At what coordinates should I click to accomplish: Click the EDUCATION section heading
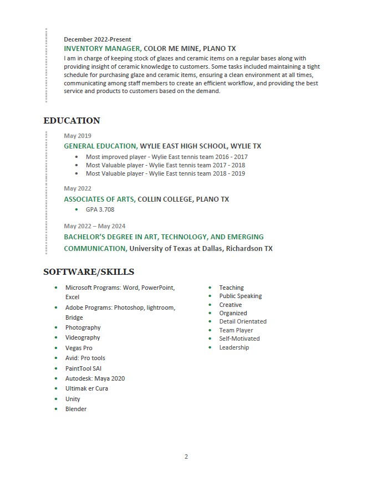coord(72,121)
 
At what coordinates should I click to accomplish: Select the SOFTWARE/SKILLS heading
coord(89,272)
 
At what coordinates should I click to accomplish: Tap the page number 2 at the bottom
coord(186,457)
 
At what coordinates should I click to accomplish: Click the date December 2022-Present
coord(98,39)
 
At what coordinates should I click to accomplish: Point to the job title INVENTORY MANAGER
coord(102,49)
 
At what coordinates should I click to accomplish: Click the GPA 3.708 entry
coord(100,209)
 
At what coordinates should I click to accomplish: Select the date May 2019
coord(78,136)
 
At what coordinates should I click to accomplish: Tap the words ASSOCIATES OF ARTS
coord(99,199)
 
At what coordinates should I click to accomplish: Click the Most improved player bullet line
coord(166,157)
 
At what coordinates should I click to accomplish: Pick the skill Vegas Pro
coord(79,348)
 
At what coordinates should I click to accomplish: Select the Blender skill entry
coord(76,409)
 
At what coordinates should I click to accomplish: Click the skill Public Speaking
coord(240,296)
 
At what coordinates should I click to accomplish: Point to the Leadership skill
coord(234,347)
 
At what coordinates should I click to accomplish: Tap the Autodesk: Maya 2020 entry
coord(95,378)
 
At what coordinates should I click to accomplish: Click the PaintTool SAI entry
coord(83,368)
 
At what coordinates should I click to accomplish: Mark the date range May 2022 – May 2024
coord(94,226)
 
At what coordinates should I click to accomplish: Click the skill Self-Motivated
coord(239,339)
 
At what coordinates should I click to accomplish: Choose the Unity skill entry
coord(73,399)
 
